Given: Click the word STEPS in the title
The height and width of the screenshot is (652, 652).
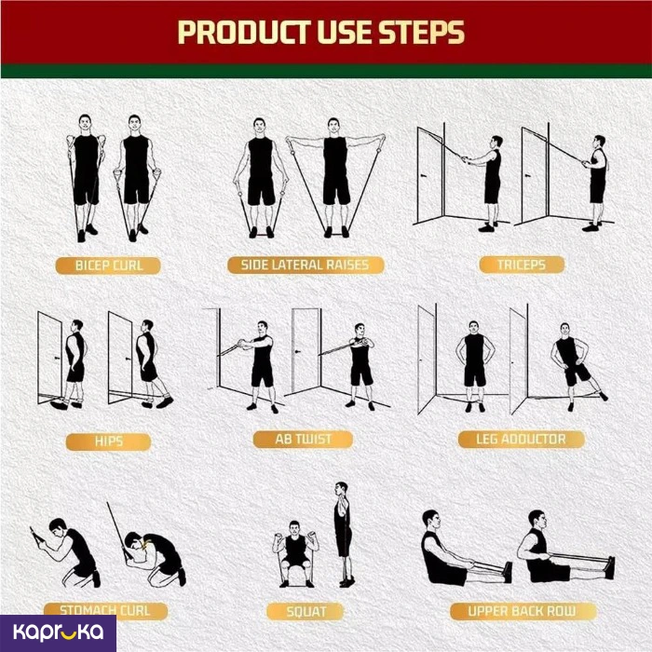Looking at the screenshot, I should click(x=421, y=33).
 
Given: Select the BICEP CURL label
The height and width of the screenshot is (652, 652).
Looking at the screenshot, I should click(x=110, y=265).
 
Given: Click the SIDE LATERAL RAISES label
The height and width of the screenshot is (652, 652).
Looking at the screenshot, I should click(x=305, y=265).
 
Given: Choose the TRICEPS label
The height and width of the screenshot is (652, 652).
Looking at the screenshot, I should click(x=522, y=265).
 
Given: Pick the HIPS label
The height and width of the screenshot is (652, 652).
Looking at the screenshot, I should click(x=109, y=440).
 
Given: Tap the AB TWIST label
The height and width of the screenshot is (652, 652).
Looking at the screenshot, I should click(x=304, y=440).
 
